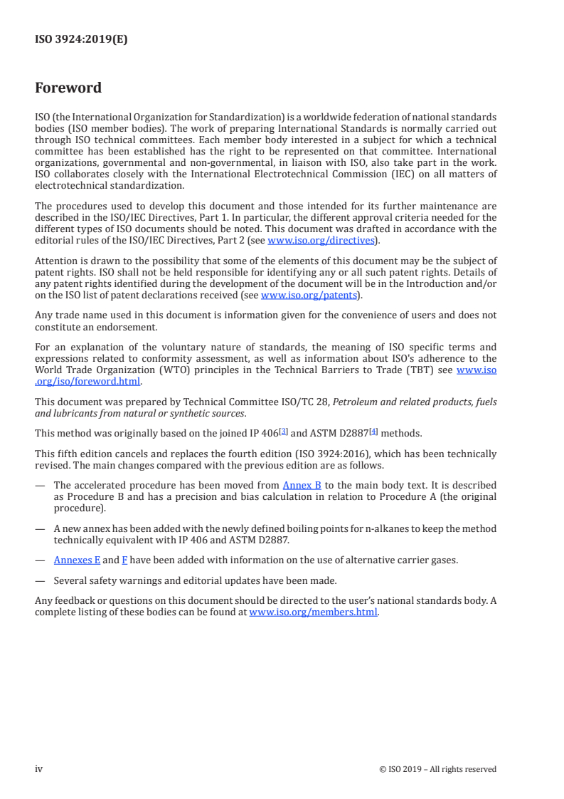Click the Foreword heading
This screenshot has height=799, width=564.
[68, 88]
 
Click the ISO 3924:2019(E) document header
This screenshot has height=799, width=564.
[81, 40]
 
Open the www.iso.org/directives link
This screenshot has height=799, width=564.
[321, 241]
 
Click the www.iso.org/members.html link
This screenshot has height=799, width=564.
[313, 612]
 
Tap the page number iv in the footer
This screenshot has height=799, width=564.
[39, 768]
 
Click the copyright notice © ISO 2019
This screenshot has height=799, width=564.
[437, 769]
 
